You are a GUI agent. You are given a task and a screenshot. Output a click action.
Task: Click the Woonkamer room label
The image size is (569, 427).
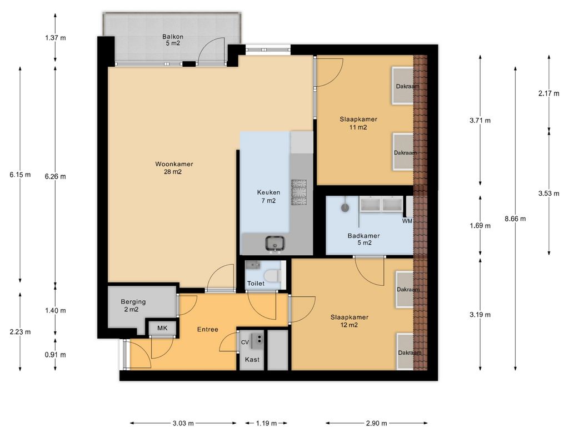point(174,164)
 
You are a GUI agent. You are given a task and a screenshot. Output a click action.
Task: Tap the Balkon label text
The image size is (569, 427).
point(173,37)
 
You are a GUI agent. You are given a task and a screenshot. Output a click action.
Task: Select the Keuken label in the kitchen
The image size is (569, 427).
point(268,192)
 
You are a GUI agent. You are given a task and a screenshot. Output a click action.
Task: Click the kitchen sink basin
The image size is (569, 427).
point(275,242)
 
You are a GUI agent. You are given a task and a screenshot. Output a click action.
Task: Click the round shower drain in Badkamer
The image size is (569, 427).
point(345,208)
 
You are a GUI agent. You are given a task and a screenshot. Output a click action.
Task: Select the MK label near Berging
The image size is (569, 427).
point(162,328)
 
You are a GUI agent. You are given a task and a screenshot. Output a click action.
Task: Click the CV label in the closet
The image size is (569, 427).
point(245,342)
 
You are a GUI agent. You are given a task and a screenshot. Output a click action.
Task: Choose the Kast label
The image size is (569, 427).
point(252,360)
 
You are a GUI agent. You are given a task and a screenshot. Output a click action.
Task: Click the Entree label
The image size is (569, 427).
point(208,329)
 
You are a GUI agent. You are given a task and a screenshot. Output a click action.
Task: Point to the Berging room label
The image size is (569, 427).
point(133,302)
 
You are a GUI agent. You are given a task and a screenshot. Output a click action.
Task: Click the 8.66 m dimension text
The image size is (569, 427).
point(515,219)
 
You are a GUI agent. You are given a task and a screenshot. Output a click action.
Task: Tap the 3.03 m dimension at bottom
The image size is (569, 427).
point(183,423)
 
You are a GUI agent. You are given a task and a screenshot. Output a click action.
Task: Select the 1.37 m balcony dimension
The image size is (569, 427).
point(56,38)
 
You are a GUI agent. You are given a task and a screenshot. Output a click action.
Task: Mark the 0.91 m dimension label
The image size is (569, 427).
point(56,355)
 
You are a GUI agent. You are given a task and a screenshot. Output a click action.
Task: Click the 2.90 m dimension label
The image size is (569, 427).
point(376,423)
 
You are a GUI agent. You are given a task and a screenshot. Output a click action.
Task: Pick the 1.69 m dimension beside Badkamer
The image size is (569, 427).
point(480,226)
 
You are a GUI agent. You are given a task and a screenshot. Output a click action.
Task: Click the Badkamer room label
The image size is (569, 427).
point(363,236)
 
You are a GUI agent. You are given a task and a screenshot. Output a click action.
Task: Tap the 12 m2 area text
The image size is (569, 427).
point(349,325)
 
